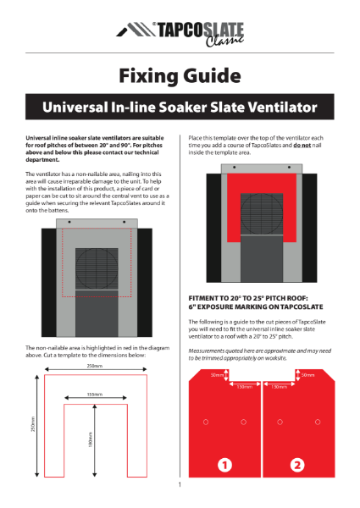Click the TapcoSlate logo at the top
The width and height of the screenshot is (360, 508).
pyautogui.click(x=180, y=34)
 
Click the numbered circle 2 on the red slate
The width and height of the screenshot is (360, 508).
pyautogui.click(x=296, y=464)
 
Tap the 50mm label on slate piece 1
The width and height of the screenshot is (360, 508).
pyautogui.click(x=218, y=374)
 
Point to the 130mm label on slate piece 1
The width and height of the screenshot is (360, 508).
pyautogui.click(x=243, y=387)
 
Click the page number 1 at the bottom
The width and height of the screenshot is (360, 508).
pyautogui.click(x=180, y=485)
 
